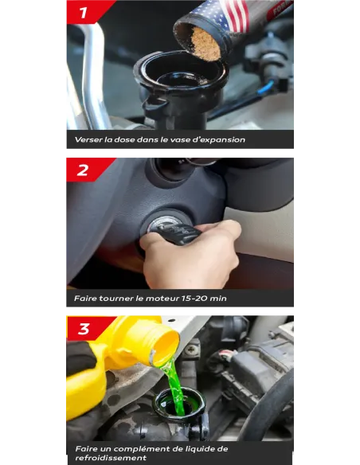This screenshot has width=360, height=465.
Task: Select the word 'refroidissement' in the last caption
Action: click(x=111, y=458)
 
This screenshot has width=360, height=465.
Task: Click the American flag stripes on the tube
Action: click(x=237, y=14)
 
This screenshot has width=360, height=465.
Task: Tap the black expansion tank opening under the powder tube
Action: click(x=182, y=71)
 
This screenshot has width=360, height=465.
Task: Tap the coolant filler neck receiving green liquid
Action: click(x=179, y=404)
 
